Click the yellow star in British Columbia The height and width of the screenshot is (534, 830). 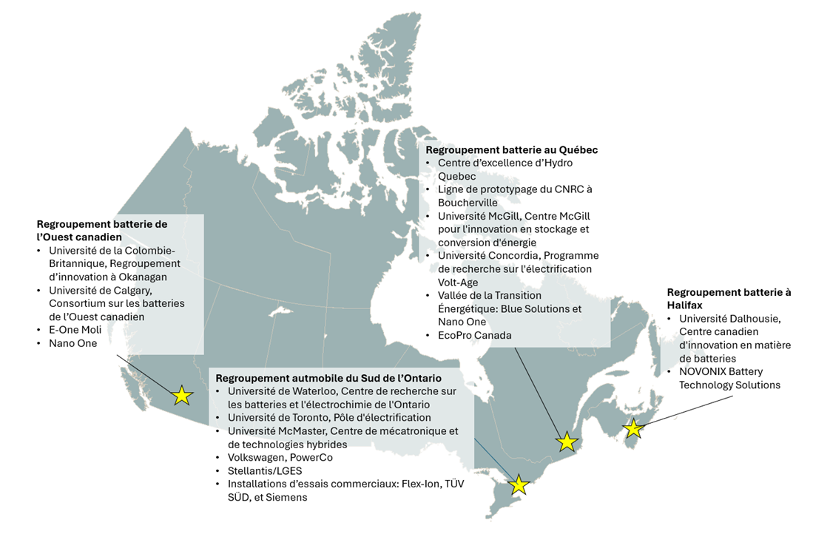181,396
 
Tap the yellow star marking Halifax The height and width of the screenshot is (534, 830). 633,429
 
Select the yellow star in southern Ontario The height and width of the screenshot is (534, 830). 519,485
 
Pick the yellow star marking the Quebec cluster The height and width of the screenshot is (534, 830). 567,442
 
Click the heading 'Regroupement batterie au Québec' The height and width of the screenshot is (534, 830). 512,149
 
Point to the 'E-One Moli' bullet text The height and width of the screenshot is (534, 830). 75,330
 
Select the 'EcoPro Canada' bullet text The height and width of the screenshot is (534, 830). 474,335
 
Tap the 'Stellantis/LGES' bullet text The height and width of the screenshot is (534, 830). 264,470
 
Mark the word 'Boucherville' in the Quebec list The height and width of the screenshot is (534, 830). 468,202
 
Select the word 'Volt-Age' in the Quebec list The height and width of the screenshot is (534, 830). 458,282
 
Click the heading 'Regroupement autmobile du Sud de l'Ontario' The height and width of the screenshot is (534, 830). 325,378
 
